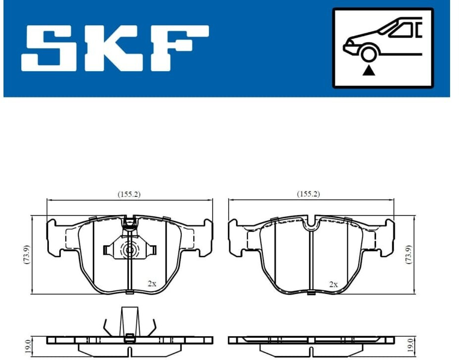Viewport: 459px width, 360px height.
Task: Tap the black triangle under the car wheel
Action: (x=369, y=71)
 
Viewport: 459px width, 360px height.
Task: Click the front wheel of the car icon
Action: (x=368, y=53)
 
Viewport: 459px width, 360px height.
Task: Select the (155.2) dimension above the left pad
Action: (x=129, y=194)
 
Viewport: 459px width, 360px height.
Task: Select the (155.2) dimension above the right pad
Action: (x=308, y=194)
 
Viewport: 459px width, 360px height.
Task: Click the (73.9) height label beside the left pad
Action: (x=27, y=255)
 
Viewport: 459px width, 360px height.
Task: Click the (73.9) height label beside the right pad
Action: (x=409, y=255)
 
